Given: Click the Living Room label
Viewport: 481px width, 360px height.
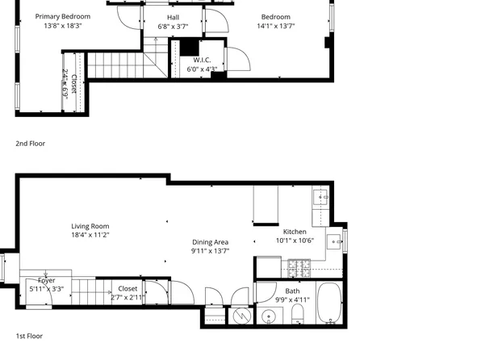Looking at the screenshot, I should click(90, 226).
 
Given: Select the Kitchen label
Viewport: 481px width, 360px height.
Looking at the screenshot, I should click(295, 232).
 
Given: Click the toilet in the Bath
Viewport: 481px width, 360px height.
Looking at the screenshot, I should click(297, 313).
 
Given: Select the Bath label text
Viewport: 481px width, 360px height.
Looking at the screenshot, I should click(292, 291).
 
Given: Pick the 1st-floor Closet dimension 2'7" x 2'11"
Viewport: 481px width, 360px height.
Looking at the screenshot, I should click(128, 297).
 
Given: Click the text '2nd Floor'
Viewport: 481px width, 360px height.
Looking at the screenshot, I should click(30, 144).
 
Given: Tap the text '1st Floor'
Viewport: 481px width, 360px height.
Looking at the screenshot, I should click(29, 336).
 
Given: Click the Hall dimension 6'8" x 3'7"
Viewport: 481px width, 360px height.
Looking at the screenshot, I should click(173, 27).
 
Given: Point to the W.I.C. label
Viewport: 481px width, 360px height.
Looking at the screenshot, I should click(202, 60).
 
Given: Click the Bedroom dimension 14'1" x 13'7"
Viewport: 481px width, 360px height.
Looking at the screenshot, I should click(275, 27).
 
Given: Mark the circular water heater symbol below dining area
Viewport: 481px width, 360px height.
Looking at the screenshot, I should click(240, 316).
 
